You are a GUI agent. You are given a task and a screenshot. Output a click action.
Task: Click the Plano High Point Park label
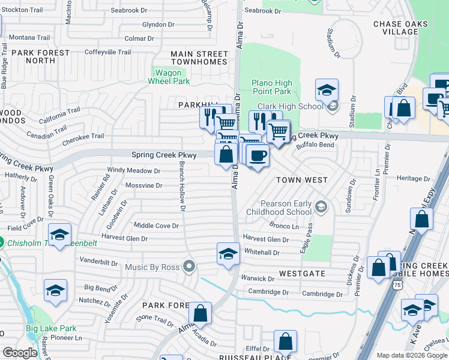[x=272, y=88]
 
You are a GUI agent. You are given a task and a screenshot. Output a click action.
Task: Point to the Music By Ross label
[x=153, y=266]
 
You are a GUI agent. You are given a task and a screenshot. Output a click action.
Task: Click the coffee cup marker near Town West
[x=258, y=156]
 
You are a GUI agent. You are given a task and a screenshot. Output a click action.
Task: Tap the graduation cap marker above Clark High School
[x=327, y=90]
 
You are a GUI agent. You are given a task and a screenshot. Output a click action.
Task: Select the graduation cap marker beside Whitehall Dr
[x=228, y=254]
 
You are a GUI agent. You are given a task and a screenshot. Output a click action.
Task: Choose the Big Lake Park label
[x=51, y=328]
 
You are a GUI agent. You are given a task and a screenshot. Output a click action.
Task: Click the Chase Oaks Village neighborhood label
[x=400, y=28]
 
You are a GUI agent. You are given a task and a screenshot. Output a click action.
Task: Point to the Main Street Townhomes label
[x=199, y=58]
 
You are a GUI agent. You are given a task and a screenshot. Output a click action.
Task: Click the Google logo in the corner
[x=20, y=353]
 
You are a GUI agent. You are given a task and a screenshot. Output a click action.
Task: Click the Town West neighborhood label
[x=301, y=180]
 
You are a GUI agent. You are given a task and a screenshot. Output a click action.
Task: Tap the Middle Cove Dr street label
[x=156, y=226]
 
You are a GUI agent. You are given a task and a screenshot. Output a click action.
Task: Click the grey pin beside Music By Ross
[x=190, y=266]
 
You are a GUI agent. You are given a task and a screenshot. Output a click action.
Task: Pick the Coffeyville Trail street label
[x=107, y=52]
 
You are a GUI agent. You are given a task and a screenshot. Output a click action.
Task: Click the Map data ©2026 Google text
[x=411, y=355]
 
